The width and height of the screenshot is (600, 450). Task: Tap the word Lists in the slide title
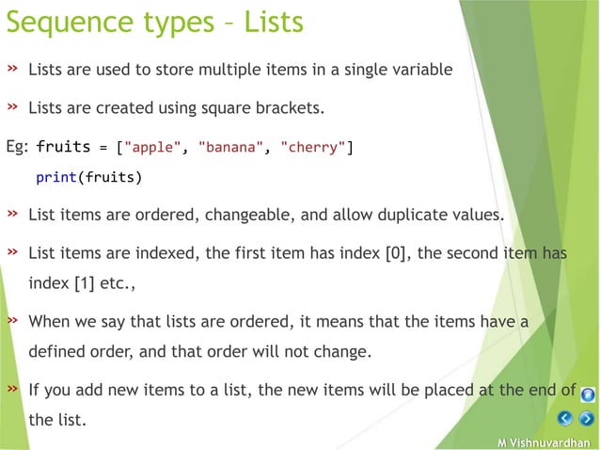(274, 21)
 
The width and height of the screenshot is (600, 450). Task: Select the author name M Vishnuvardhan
(546, 442)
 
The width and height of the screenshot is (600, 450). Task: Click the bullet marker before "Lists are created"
(13, 107)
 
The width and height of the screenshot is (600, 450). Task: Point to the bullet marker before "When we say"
(13, 321)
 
